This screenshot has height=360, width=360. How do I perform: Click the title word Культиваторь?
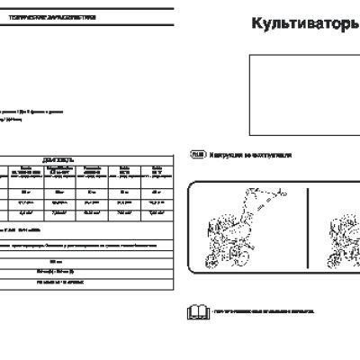[x=302, y=24]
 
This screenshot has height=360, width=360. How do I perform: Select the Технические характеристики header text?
[x=58, y=17]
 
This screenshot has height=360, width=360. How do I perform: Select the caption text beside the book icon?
[x=265, y=313]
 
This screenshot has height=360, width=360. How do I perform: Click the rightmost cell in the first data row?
[x=157, y=190]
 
